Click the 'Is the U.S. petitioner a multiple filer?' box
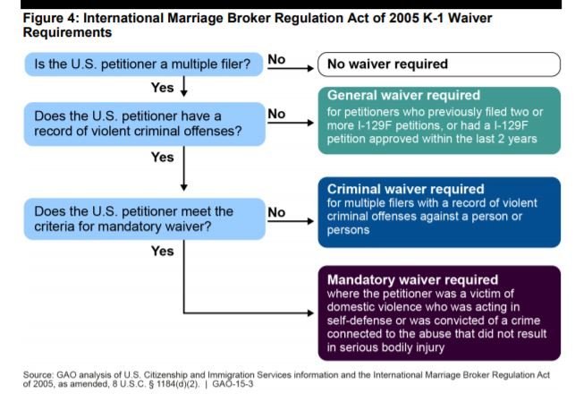(x=144, y=64)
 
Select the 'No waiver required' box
(x=439, y=64)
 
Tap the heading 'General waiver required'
(x=403, y=96)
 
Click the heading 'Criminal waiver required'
(x=406, y=189)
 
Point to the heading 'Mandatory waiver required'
(x=412, y=279)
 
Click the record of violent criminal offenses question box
(x=145, y=124)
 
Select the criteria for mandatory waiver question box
(x=145, y=219)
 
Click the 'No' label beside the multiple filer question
(x=276, y=59)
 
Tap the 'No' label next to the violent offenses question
(x=276, y=114)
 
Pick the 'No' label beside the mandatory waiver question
(x=276, y=212)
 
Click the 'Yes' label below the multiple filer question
(x=163, y=88)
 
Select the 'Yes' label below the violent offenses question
(x=163, y=157)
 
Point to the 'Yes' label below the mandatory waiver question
(x=163, y=251)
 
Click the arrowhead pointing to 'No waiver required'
(x=310, y=68)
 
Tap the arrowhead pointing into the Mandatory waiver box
(x=310, y=313)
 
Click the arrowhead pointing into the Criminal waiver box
(x=310, y=221)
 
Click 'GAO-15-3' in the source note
(x=233, y=384)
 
